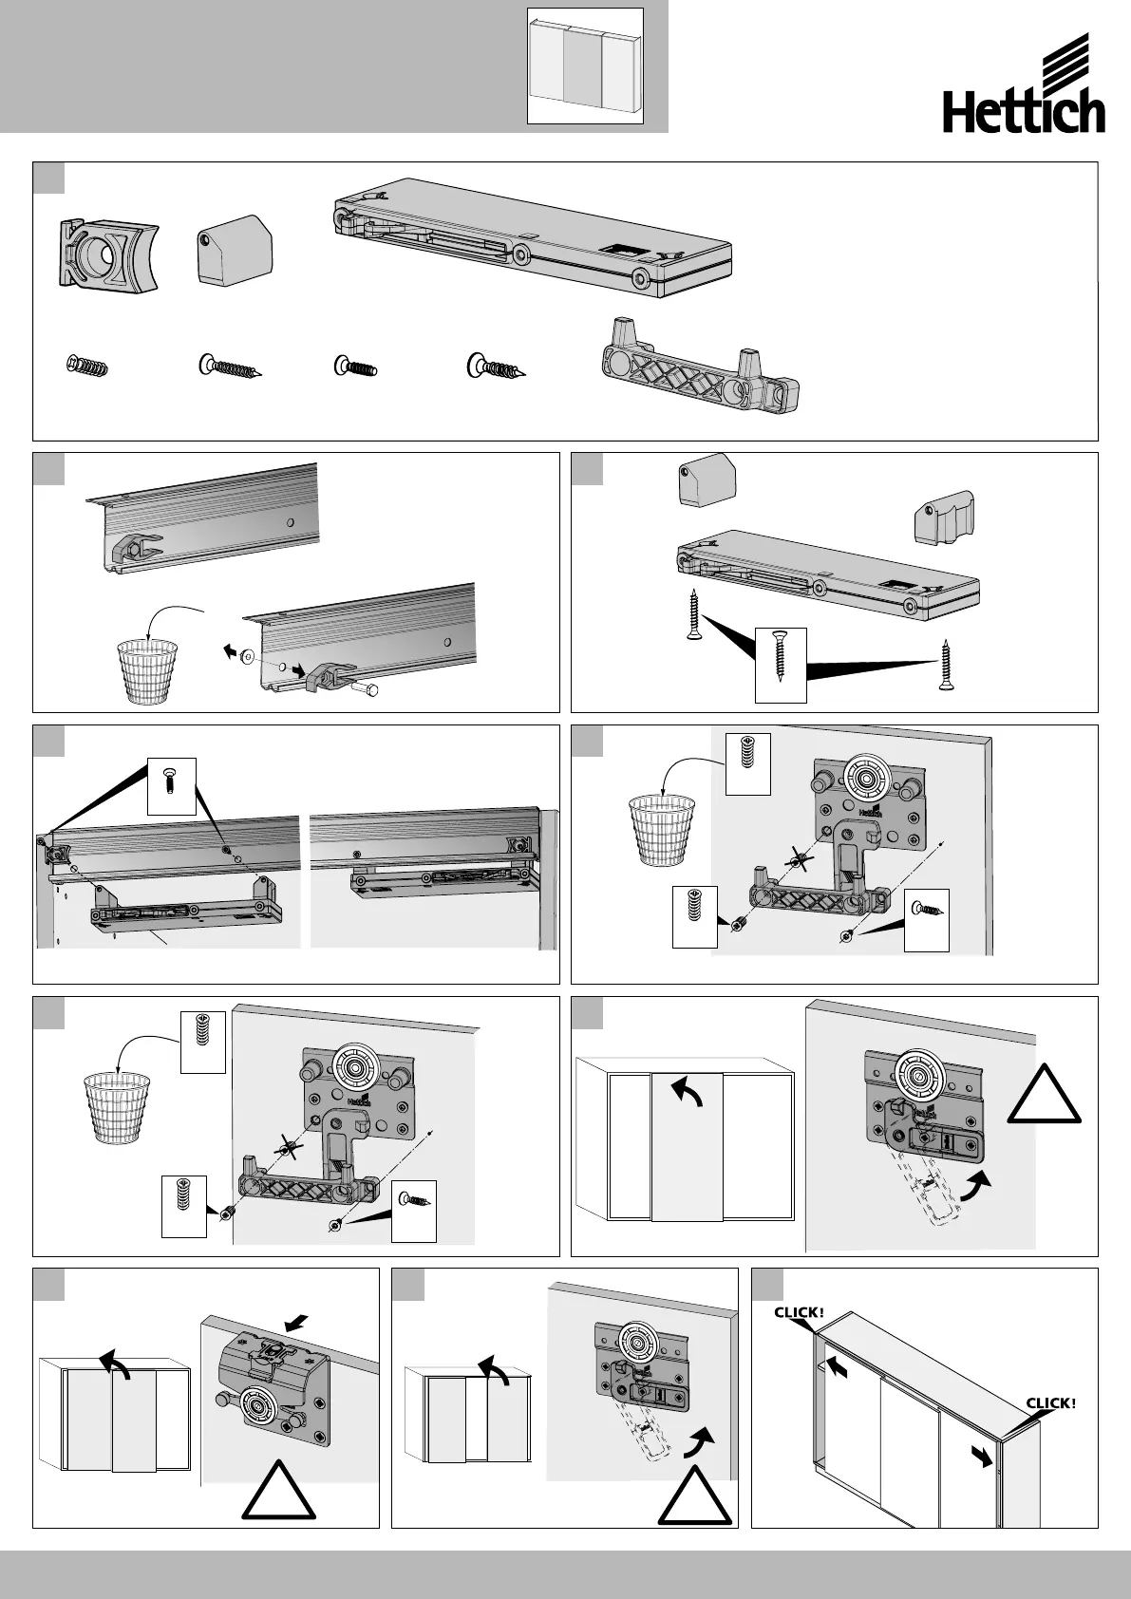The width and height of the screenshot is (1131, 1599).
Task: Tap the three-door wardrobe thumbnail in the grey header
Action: point(585,66)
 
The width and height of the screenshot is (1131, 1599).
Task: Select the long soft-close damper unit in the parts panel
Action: point(536,234)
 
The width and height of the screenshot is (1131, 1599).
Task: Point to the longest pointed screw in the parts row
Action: point(230,367)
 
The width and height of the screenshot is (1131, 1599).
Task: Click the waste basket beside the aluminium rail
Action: point(147,670)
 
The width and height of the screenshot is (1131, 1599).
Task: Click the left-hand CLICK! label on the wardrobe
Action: point(800,1312)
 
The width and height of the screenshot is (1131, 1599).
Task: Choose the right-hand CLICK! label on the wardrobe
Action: point(1051,1402)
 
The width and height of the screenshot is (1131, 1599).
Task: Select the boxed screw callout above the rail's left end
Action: point(172,786)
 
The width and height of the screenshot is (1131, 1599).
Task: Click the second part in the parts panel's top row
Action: point(235,254)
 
